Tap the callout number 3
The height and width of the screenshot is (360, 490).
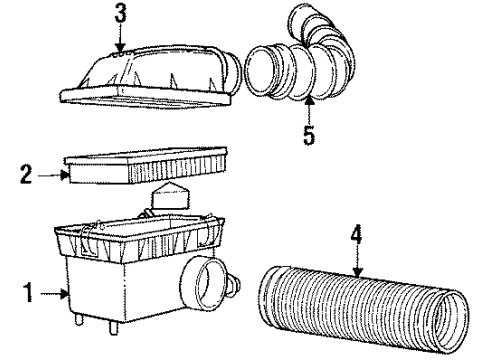coord(120,15)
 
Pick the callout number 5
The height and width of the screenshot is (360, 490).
coord(308,132)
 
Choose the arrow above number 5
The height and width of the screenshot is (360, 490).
coord(308,107)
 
